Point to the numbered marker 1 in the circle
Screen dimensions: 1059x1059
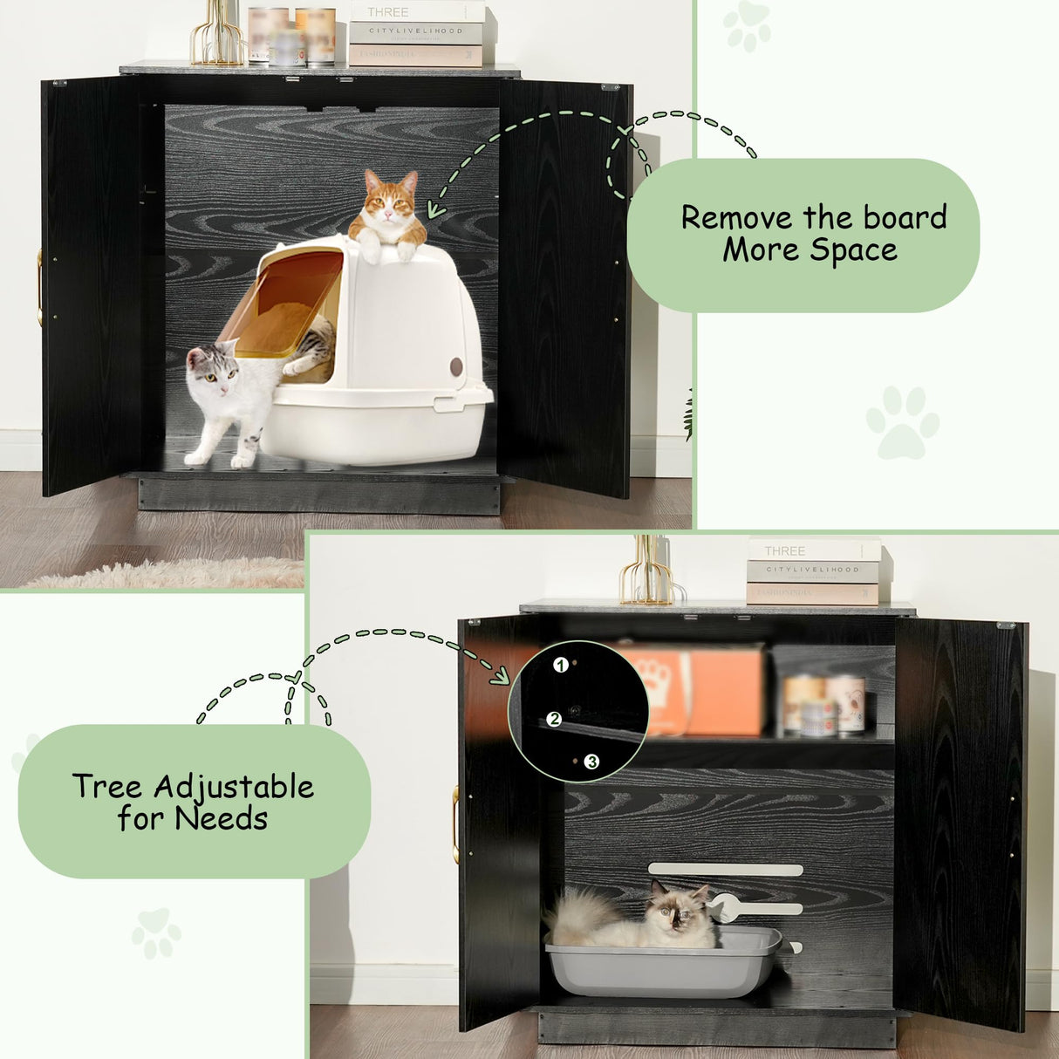coord(561,665)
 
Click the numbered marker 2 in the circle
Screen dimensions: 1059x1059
coord(554,720)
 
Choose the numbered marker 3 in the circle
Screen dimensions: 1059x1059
coord(592,762)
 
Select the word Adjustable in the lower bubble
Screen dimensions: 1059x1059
coord(234,787)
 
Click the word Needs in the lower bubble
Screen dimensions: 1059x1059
coord(221,819)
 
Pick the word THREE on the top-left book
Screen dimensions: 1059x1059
coord(387,12)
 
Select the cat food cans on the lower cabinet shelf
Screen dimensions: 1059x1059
coord(823,705)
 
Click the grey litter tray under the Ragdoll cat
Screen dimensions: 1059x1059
coord(663,968)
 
